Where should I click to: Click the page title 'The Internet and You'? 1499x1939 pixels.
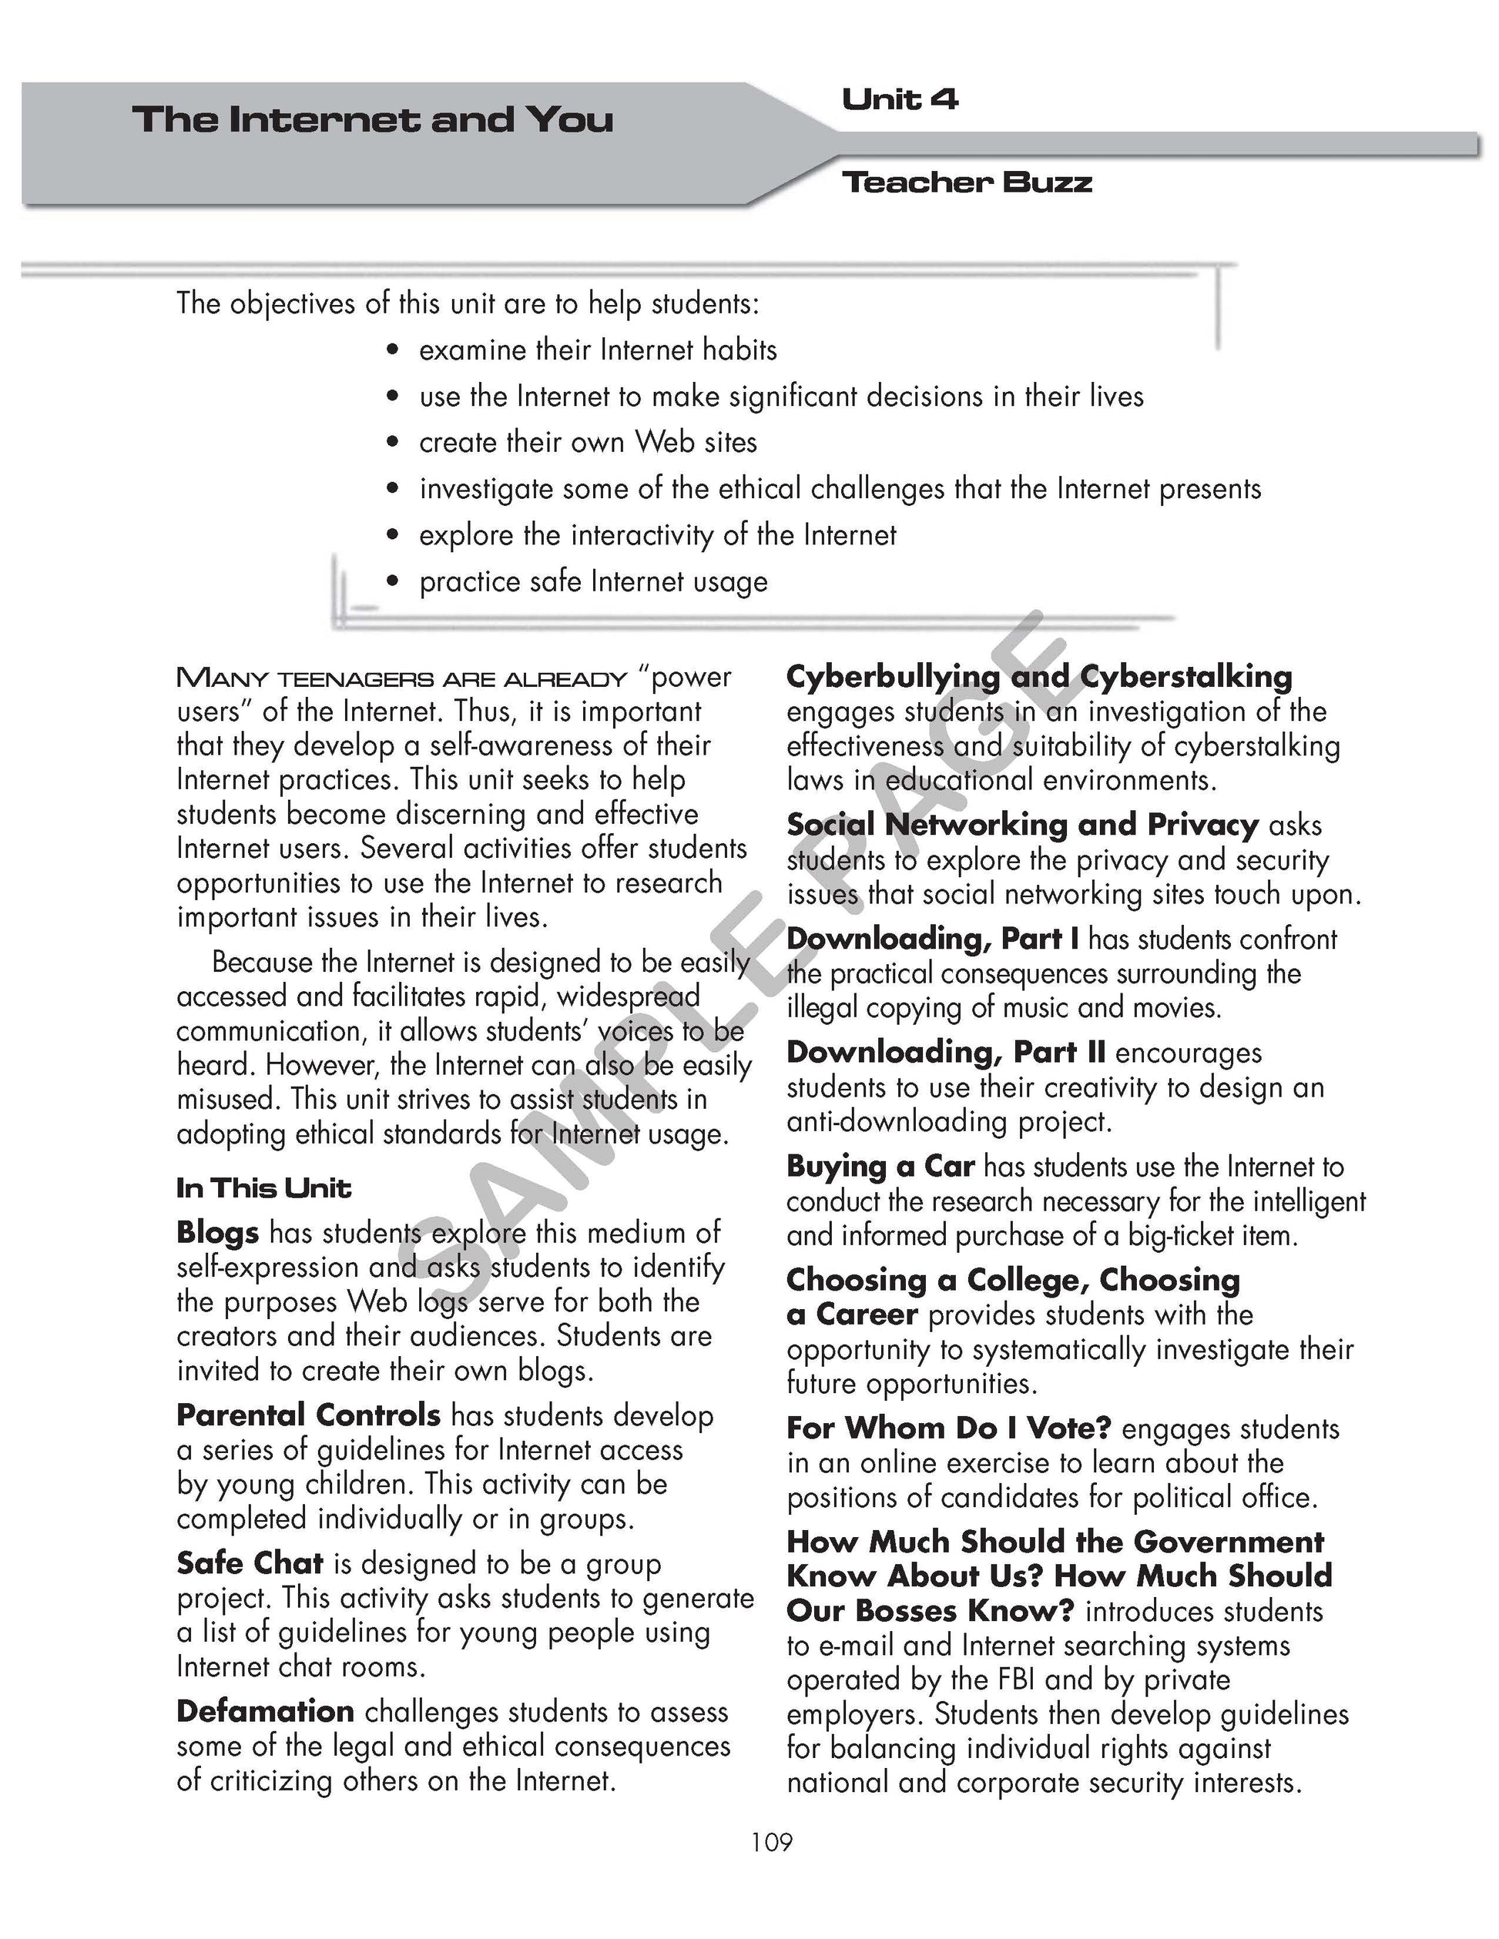tap(372, 119)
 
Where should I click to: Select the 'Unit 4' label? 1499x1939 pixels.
tap(900, 99)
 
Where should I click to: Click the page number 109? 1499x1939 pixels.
tap(771, 1842)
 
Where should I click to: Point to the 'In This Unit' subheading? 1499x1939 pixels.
tap(263, 1188)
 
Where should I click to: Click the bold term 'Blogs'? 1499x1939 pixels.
tap(217, 1232)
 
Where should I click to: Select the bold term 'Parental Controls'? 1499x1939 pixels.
tap(308, 1415)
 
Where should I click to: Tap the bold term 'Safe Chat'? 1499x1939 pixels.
tap(250, 1562)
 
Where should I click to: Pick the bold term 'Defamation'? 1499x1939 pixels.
tap(265, 1711)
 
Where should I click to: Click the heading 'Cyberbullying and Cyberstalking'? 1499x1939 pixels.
tap(1039, 677)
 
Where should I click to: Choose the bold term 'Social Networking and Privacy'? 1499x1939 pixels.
tap(1022, 825)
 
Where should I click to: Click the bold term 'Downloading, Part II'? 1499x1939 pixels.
tap(946, 1052)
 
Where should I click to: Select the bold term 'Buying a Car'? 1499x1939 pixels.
tap(880, 1166)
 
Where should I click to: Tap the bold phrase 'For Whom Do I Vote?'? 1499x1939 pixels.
tap(948, 1428)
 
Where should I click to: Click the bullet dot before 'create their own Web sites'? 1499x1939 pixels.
tap(394, 442)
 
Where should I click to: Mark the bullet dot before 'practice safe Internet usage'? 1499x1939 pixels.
tap(394, 581)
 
